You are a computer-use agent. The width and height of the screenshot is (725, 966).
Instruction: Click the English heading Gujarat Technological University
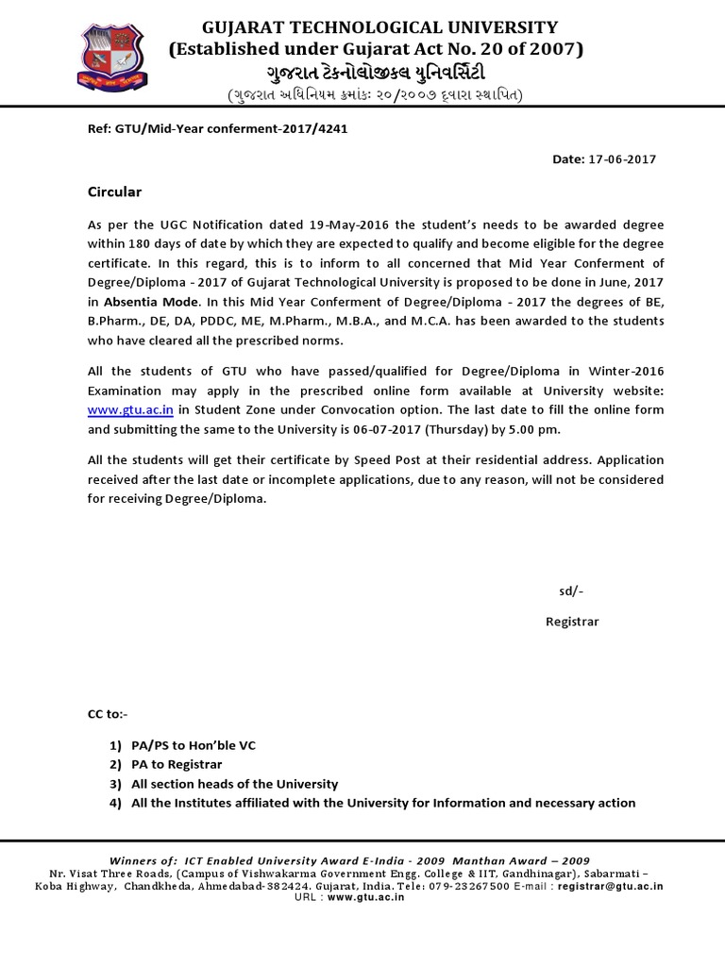pyautogui.click(x=376, y=26)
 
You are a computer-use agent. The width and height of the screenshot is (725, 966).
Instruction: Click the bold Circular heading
pyautogui.click(x=114, y=192)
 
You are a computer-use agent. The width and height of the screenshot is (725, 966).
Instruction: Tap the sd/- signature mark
pyautogui.click(x=571, y=591)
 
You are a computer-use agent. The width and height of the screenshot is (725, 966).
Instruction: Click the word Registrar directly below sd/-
pyautogui.click(x=572, y=622)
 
